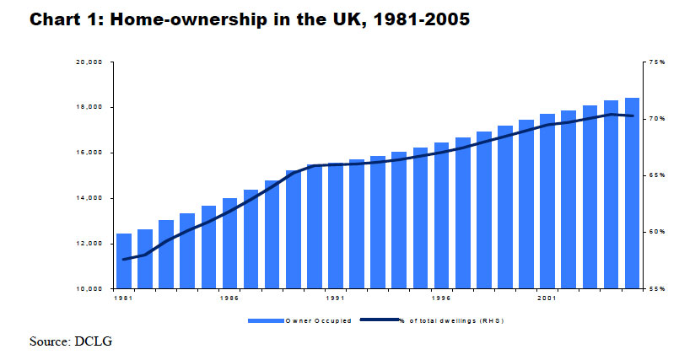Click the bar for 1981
coord(124,261)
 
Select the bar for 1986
coord(230,243)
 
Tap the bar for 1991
coord(336,226)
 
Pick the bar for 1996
coord(442,216)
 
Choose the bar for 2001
coord(547,201)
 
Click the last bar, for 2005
coord(633,193)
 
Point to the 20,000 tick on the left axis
coord(89,62)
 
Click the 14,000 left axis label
coord(89,198)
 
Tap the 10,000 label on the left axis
coord(89,288)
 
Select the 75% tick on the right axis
coord(657,62)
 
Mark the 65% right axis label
coord(657,175)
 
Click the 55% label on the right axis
coord(657,288)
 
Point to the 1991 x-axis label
coord(336,298)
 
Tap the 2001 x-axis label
coord(547,298)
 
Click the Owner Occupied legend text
coord(319,320)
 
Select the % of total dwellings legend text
coord(452,320)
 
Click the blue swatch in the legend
coord(266,320)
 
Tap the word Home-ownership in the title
coord(189,19)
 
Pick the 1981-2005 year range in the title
coord(422,19)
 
